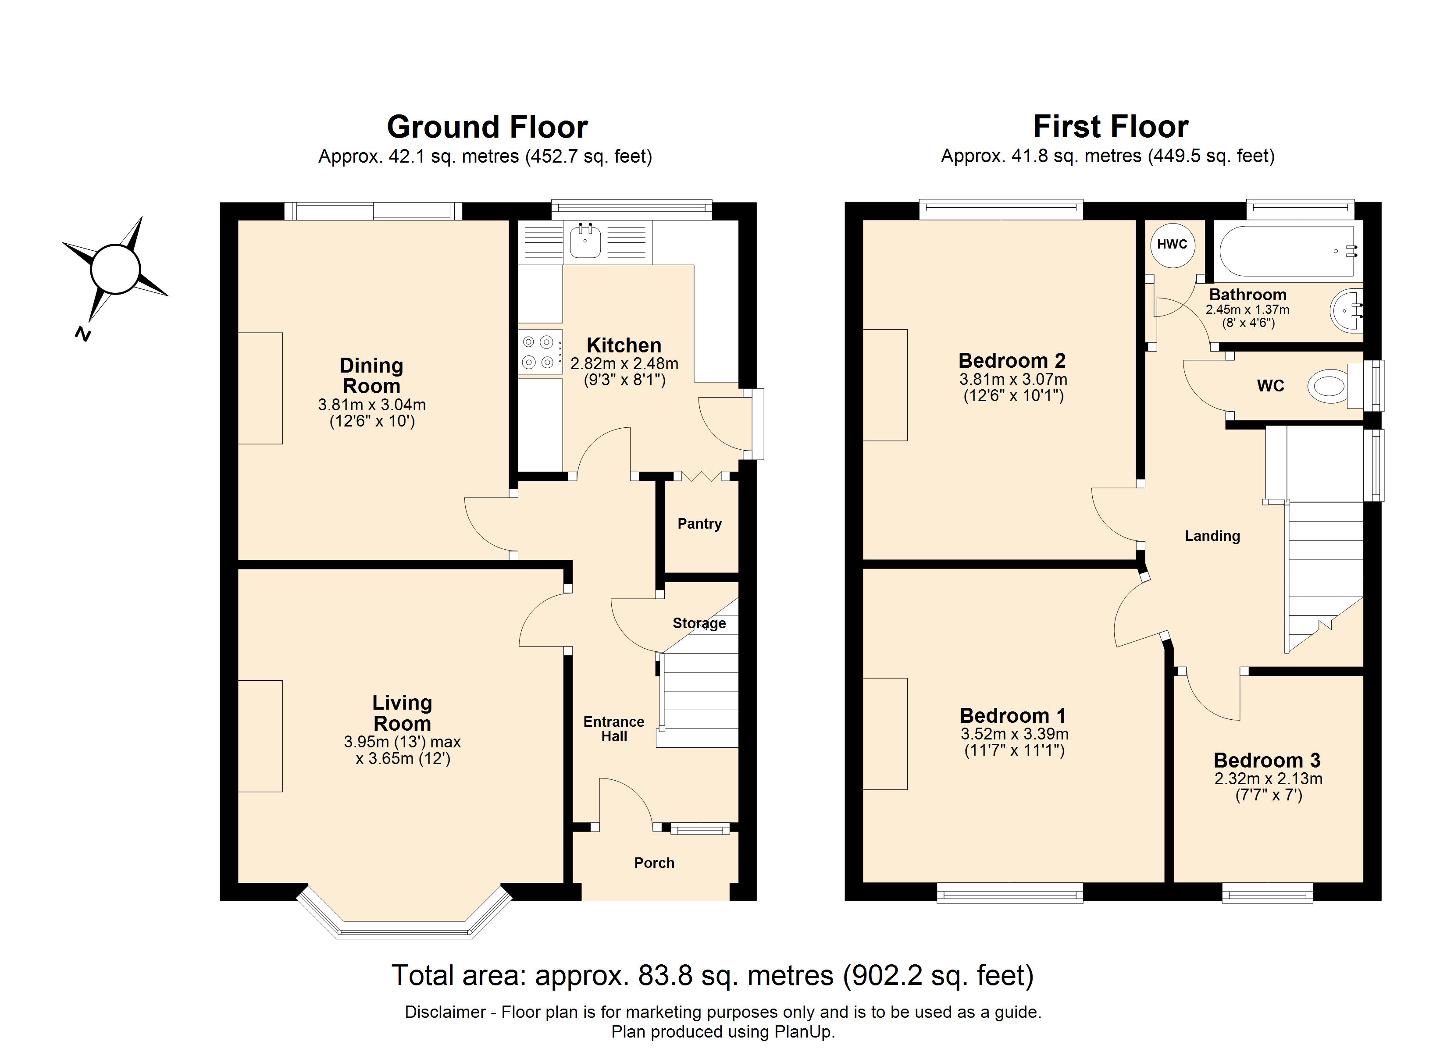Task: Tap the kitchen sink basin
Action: (x=585, y=241)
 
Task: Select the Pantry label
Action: (x=699, y=524)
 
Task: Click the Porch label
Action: (x=654, y=863)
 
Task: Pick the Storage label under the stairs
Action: (x=699, y=623)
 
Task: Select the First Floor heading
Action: (x=1110, y=127)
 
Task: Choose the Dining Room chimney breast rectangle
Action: (x=260, y=388)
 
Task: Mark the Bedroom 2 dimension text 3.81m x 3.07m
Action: (x=1012, y=379)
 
